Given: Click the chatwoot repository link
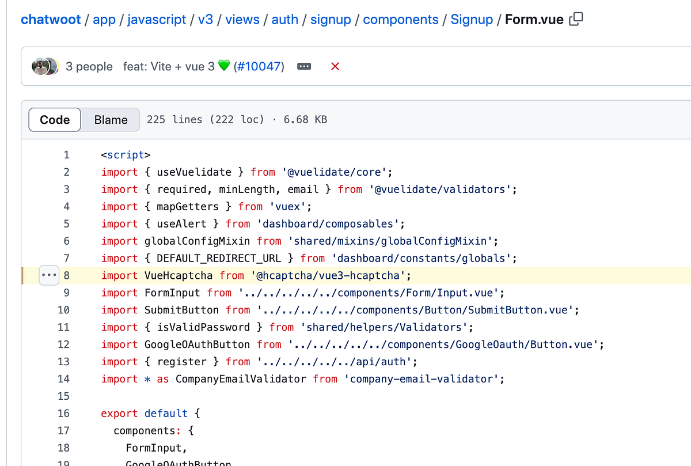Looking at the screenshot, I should coord(50,20).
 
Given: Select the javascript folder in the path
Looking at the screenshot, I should coord(157,20).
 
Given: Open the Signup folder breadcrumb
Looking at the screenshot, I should coord(472,20).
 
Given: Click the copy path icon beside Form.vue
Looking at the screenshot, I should coord(576,20).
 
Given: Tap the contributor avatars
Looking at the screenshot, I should coord(44,66).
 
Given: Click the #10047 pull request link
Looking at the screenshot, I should coord(259,66).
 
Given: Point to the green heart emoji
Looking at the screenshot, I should coord(224,66).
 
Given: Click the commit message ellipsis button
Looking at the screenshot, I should coord(304,66).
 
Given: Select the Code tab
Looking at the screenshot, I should coord(55,120).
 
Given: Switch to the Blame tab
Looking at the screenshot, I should coord(111,120).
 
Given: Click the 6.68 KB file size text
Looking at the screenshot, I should coord(305,120).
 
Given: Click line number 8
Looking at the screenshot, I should coord(66,275).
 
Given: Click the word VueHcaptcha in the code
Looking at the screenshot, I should coord(179,275).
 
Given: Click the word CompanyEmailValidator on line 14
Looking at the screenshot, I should coord(241,379).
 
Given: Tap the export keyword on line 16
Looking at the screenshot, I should coord(119,414).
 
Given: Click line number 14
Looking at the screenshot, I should coord(63,379).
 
